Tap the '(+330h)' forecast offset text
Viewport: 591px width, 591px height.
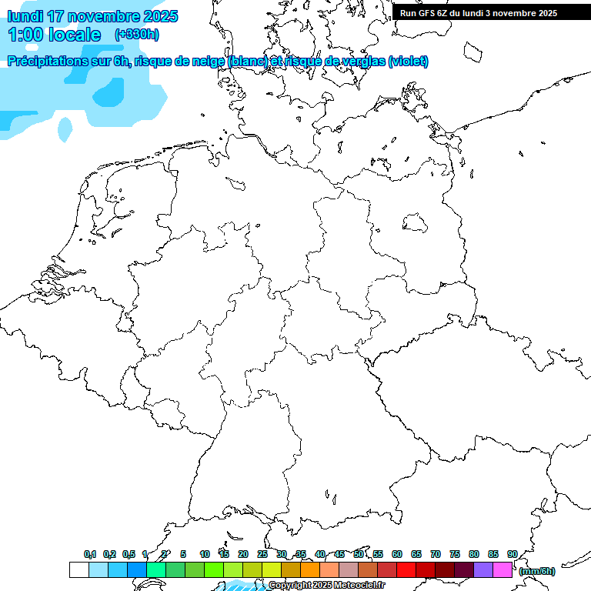point(137,35)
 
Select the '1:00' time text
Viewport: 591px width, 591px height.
point(25,35)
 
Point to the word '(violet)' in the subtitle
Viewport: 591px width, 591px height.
point(409,62)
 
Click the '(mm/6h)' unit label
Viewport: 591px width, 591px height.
point(537,571)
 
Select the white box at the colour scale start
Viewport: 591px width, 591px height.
point(79,570)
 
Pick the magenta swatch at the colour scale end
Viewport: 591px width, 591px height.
point(503,570)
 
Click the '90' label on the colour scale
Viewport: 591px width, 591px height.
point(513,554)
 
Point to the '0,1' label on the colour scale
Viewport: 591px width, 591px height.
point(90,554)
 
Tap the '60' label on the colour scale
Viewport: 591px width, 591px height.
point(397,554)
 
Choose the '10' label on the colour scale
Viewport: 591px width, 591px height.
point(205,554)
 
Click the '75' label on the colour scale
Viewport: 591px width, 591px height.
point(455,554)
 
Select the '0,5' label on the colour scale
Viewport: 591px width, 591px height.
point(129,554)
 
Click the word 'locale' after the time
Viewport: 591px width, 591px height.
point(74,35)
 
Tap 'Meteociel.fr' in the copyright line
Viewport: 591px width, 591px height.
point(360,586)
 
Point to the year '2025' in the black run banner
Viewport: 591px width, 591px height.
point(547,13)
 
